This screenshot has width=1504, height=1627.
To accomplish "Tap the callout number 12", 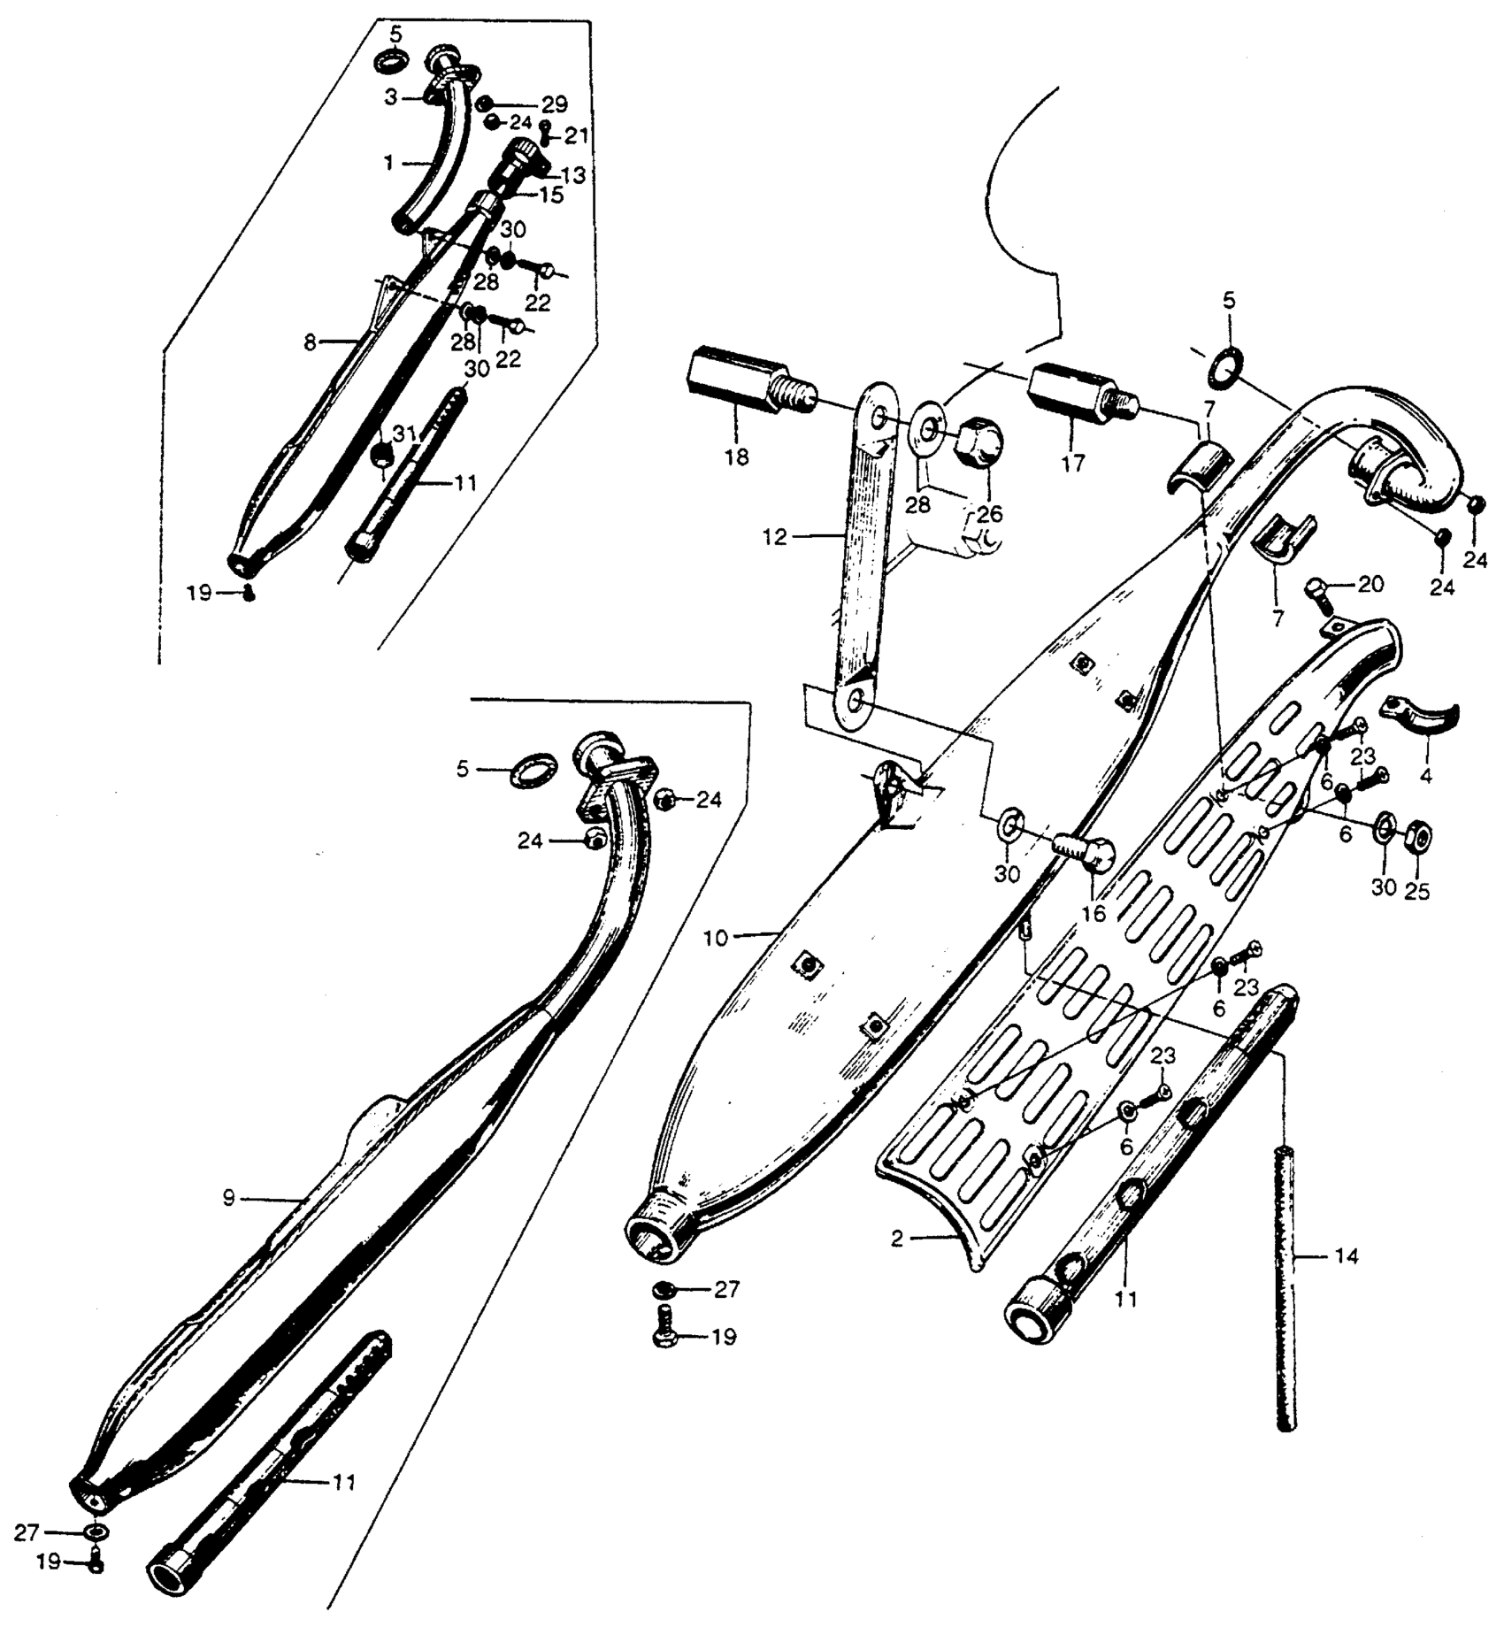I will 774,537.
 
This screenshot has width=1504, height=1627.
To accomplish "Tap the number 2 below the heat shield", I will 897,1239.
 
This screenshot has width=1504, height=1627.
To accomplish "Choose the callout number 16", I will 1093,913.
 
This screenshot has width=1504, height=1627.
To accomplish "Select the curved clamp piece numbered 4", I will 1423,718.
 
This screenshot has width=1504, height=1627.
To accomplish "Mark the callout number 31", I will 403,434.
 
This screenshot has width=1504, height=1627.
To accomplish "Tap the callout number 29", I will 554,104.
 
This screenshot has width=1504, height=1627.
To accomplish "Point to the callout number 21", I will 576,135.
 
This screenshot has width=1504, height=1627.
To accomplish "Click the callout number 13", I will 573,175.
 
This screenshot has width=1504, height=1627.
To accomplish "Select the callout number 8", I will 310,342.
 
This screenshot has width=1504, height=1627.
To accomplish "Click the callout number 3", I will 390,97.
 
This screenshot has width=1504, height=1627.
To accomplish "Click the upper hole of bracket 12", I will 877,417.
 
